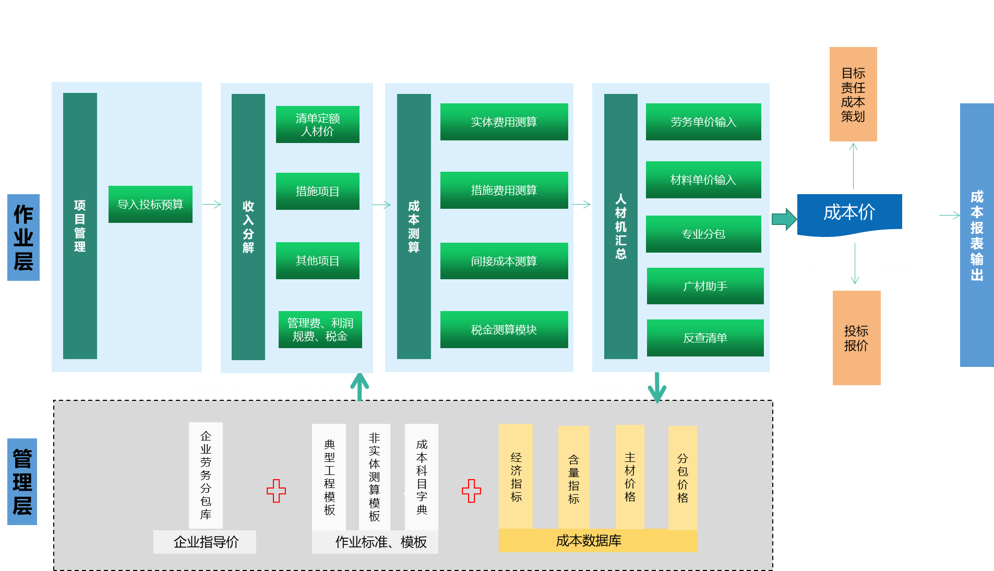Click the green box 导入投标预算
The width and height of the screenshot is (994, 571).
point(150,204)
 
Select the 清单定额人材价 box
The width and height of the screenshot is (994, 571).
point(317,124)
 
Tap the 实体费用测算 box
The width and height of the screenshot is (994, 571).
point(504,122)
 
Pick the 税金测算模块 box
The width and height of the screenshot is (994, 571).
point(504,329)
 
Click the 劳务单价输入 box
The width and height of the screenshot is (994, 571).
point(703,122)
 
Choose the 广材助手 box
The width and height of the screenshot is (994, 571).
point(705,285)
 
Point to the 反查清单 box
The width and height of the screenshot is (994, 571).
point(705,338)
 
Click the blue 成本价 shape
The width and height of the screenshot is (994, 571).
point(849,213)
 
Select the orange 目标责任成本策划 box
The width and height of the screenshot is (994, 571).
point(853,94)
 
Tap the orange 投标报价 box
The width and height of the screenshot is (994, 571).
point(856,338)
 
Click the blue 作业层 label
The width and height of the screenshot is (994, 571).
point(23,237)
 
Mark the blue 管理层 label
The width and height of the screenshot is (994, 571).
point(22,481)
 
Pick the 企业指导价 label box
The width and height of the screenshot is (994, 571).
point(205,542)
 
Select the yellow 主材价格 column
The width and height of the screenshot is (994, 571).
point(629,477)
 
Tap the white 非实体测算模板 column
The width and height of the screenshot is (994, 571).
point(374,477)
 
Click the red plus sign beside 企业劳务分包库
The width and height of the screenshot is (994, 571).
point(276,491)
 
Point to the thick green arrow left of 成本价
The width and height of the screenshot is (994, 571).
point(784,219)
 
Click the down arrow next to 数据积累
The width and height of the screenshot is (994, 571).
point(657,388)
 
